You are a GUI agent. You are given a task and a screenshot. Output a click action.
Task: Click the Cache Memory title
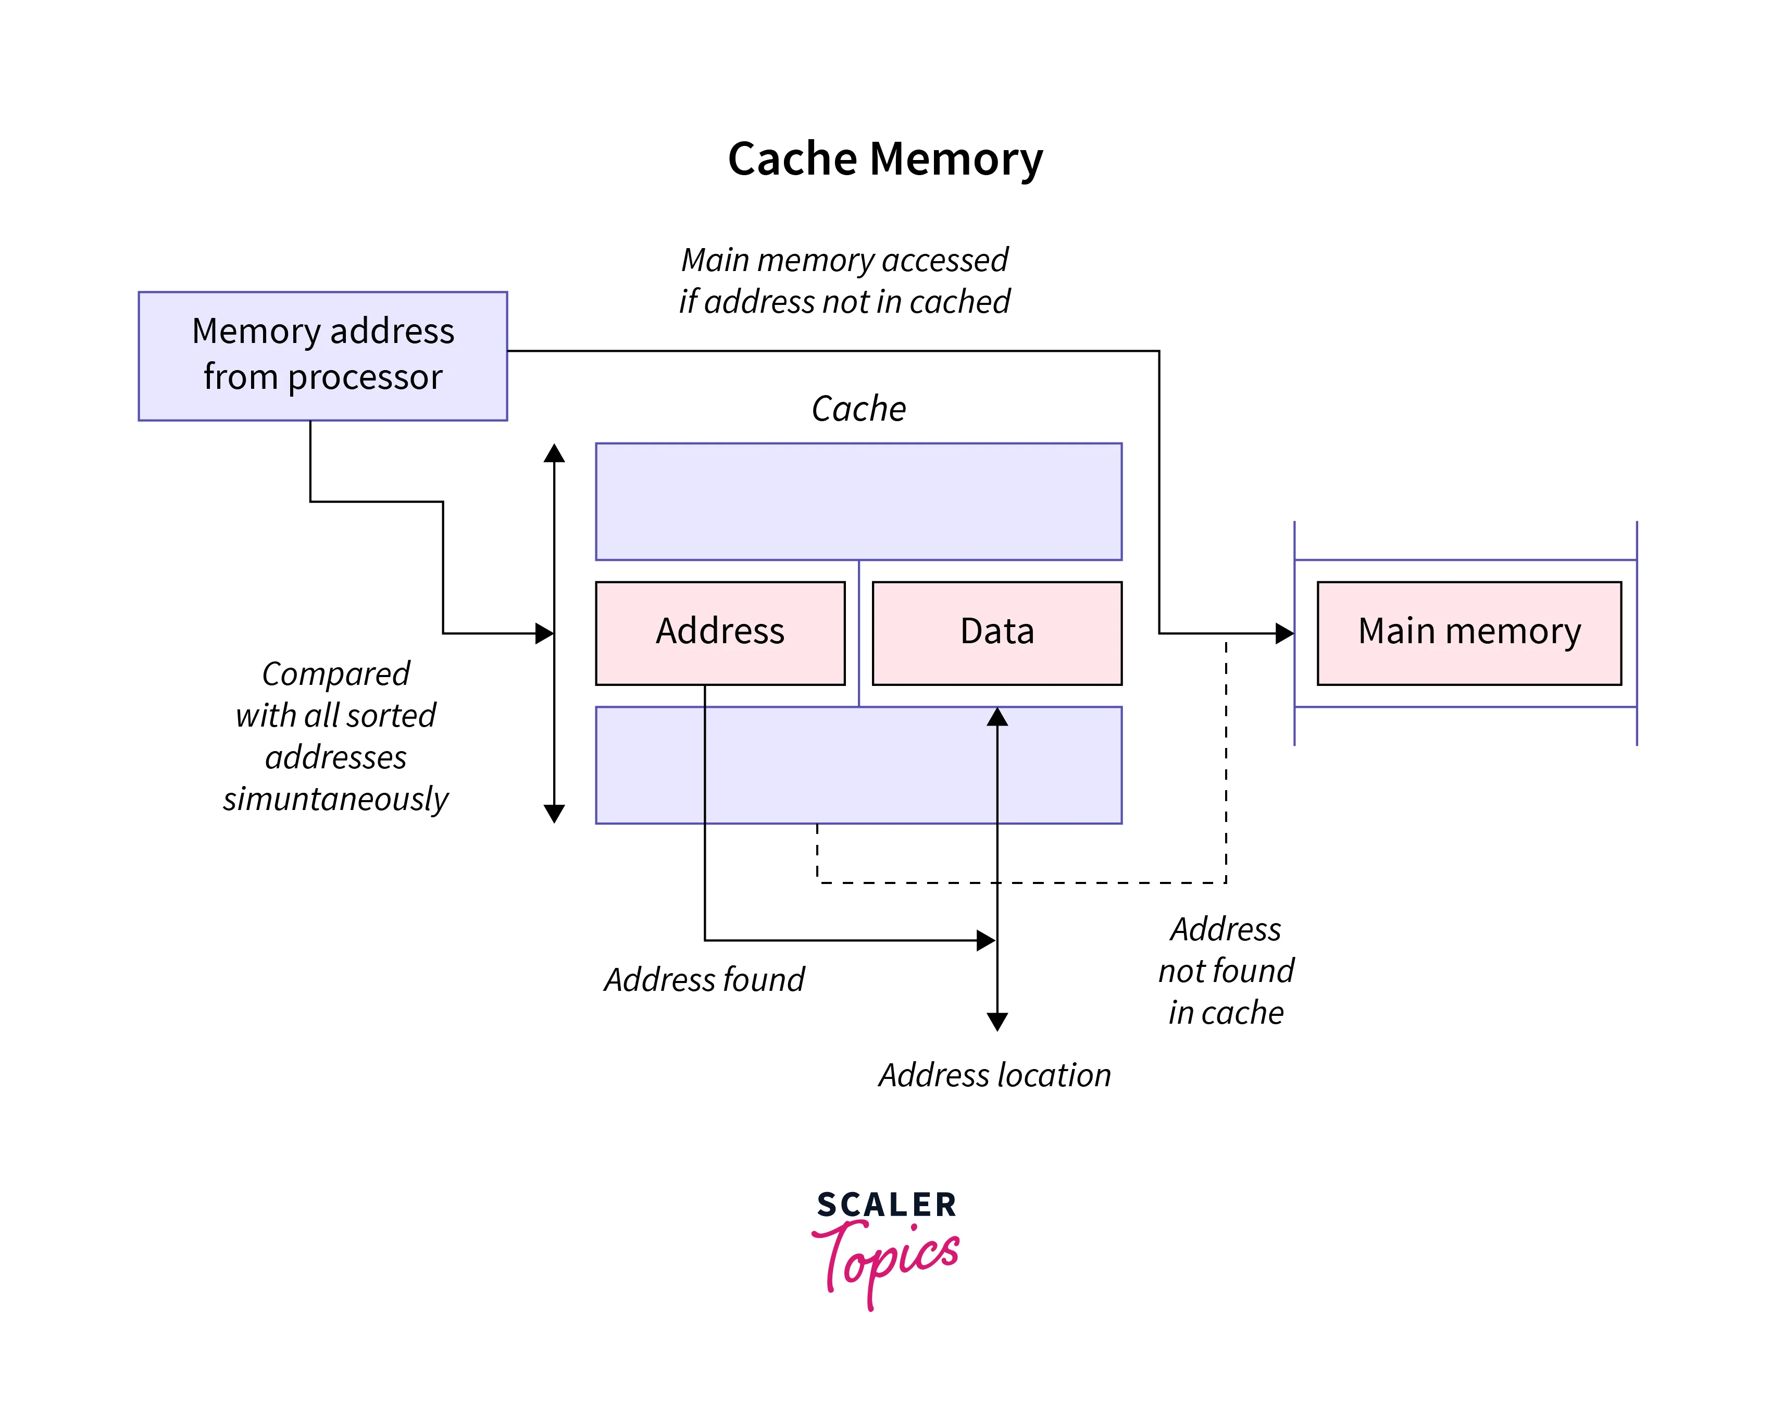pyautogui.click(x=884, y=158)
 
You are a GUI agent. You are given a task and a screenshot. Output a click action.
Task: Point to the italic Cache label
pyautogui.click(x=858, y=409)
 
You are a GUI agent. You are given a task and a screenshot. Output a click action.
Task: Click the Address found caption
pyautogui.click(x=704, y=980)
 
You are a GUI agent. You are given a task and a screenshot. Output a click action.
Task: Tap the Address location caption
pyautogui.click(x=995, y=1075)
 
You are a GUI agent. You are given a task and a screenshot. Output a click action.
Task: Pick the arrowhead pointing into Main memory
pyautogui.click(x=1284, y=634)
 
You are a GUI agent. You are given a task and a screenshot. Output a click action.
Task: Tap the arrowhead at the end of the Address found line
pyautogui.click(x=985, y=940)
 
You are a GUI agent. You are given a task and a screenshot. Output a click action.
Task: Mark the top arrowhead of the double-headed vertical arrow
pyautogui.click(x=554, y=453)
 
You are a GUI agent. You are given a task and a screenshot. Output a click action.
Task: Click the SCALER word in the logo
pyautogui.click(x=887, y=1205)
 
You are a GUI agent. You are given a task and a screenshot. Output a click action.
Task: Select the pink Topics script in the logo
pyautogui.click(x=887, y=1259)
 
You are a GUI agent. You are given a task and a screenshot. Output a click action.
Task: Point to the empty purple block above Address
pyautogui.click(x=858, y=501)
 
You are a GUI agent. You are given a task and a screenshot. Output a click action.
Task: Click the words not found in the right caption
pyautogui.click(x=1226, y=971)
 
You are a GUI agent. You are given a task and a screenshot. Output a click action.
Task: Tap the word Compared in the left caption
pyautogui.click(x=336, y=674)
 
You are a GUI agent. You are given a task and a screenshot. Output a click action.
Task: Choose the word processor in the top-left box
pyautogui.click(x=365, y=377)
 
